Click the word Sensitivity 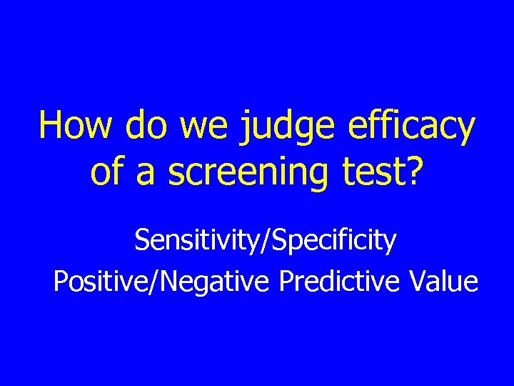(x=196, y=241)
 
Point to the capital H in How (x=49, y=127)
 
